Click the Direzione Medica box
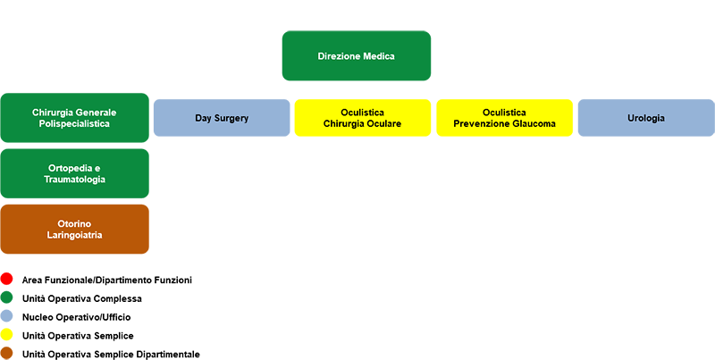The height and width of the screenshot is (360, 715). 356,55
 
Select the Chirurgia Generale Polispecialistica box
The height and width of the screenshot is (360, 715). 74,118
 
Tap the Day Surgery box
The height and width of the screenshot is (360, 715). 222,118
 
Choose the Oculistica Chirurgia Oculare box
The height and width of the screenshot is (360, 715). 363,118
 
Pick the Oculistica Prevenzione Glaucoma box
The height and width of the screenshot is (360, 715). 504,118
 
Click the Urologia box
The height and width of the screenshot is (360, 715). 646,118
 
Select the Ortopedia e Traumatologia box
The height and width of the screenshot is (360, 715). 74,173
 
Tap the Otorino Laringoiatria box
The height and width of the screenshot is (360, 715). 74,230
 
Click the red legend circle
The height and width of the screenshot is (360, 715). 6,279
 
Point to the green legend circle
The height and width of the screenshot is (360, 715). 6,297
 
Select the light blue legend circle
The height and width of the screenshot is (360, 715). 6,316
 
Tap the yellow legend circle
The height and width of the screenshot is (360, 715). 6,335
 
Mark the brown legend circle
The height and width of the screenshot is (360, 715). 6,353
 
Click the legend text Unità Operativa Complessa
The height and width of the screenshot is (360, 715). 82,299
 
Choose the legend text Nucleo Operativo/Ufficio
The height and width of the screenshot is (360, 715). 76,317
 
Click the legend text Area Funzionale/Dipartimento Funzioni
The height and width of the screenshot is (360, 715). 107,280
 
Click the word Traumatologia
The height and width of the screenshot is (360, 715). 74,180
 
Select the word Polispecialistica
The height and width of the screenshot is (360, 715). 74,124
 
